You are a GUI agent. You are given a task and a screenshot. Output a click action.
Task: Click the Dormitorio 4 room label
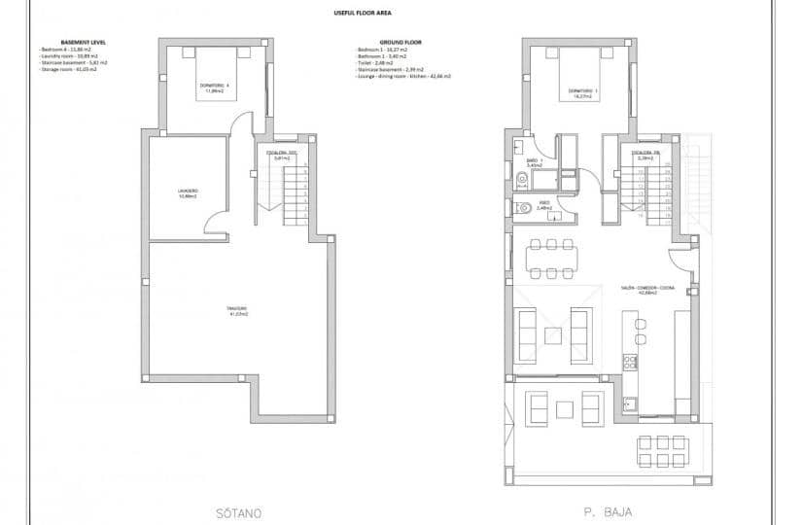[213, 89]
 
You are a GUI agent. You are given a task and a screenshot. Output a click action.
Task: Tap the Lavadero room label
[188, 192]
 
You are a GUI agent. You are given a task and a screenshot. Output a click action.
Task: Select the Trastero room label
[238, 313]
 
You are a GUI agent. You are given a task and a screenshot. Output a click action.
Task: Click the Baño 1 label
[533, 163]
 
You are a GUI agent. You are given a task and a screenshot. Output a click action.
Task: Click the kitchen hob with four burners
[630, 362]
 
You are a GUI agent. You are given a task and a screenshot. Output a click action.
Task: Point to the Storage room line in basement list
[68, 70]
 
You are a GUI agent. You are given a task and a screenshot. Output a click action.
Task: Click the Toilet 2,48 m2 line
[381, 63]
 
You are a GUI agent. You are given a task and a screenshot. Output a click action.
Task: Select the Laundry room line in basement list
[67, 56]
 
